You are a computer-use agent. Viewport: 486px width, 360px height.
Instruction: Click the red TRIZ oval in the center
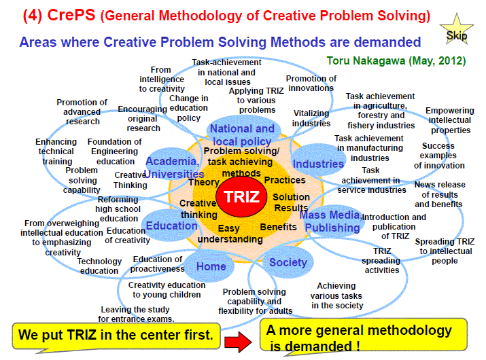pos(241,197)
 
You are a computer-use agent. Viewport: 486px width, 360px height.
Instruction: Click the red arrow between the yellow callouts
pos(238,342)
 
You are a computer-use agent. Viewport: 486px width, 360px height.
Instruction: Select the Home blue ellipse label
pos(211,266)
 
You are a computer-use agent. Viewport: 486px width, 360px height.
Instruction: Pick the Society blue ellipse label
pos(288,262)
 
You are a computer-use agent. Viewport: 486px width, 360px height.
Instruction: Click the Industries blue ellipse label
pos(318,164)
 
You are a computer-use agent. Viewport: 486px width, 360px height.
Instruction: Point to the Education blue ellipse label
pos(171,226)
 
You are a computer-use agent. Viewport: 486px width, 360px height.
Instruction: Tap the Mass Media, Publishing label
pos(332,221)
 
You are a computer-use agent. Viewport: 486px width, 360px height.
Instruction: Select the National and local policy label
pos(242,134)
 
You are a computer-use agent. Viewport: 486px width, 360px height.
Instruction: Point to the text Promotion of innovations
pos(311,84)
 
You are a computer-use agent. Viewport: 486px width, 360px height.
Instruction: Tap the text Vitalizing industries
pos(311,118)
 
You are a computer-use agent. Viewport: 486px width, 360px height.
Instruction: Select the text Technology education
pos(99,266)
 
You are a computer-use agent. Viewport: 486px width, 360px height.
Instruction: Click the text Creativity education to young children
pos(167,289)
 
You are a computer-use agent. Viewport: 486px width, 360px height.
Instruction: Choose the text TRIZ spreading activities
pos(381,261)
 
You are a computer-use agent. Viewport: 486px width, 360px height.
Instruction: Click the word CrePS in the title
pos(71,15)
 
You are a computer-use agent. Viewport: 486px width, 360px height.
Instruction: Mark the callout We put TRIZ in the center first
pos(116,336)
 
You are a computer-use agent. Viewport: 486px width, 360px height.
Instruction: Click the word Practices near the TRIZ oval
pos(285,180)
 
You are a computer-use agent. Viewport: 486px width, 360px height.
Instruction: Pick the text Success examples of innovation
pos(439,156)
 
